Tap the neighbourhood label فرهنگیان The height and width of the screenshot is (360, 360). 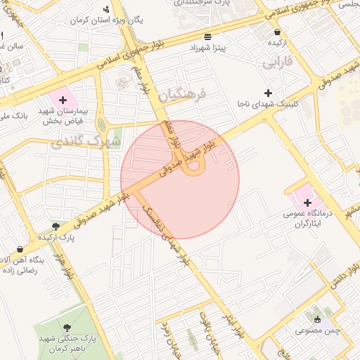pyautogui.click(x=181, y=94)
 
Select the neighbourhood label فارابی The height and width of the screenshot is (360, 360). pyautogui.click(x=277, y=64)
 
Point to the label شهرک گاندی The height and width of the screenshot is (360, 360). pyautogui.click(x=86, y=142)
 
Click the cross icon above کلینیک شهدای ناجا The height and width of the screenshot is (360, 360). pyautogui.click(x=267, y=93)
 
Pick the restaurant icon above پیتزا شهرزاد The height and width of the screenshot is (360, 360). pyautogui.click(x=206, y=36)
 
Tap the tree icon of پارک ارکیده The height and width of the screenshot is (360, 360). pyautogui.click(x=56, y=226)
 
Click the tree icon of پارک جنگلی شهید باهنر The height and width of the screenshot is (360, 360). pyautogui.click(x=67, y=328)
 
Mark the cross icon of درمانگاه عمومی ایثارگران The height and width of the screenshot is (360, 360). pyautogui.click(x=307, y=202)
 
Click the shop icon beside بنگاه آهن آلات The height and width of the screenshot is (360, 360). pyautogui.click(x=19, y=249)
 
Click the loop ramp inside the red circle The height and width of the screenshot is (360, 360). pyautogui.click(x=193, y=167)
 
